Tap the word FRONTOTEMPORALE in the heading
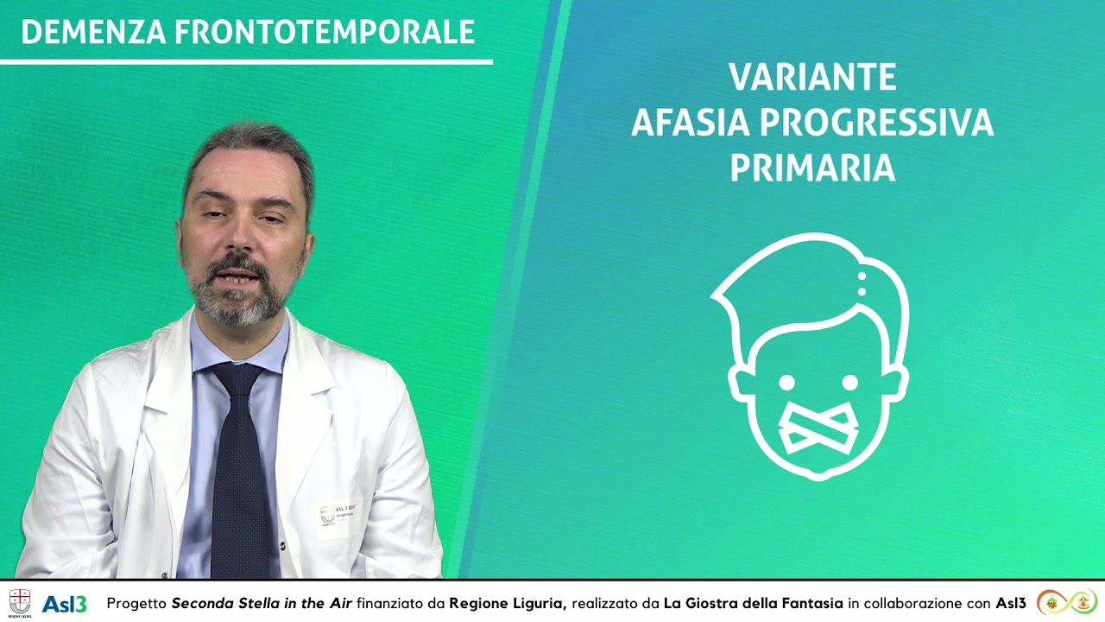[x=325, y=32]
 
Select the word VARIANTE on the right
[x=812, y=78]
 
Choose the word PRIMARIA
[x=812, y=169]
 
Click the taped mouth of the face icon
[x=818, y=429]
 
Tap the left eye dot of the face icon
[x=786, y=382]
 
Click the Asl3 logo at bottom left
[x=65, y=603]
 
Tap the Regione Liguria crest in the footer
[x=20, y=602]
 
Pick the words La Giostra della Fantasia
[x=753, y=603]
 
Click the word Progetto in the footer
[x=136, y=603]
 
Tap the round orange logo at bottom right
[x=1051, y=602]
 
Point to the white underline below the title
[x=246, y=61]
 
